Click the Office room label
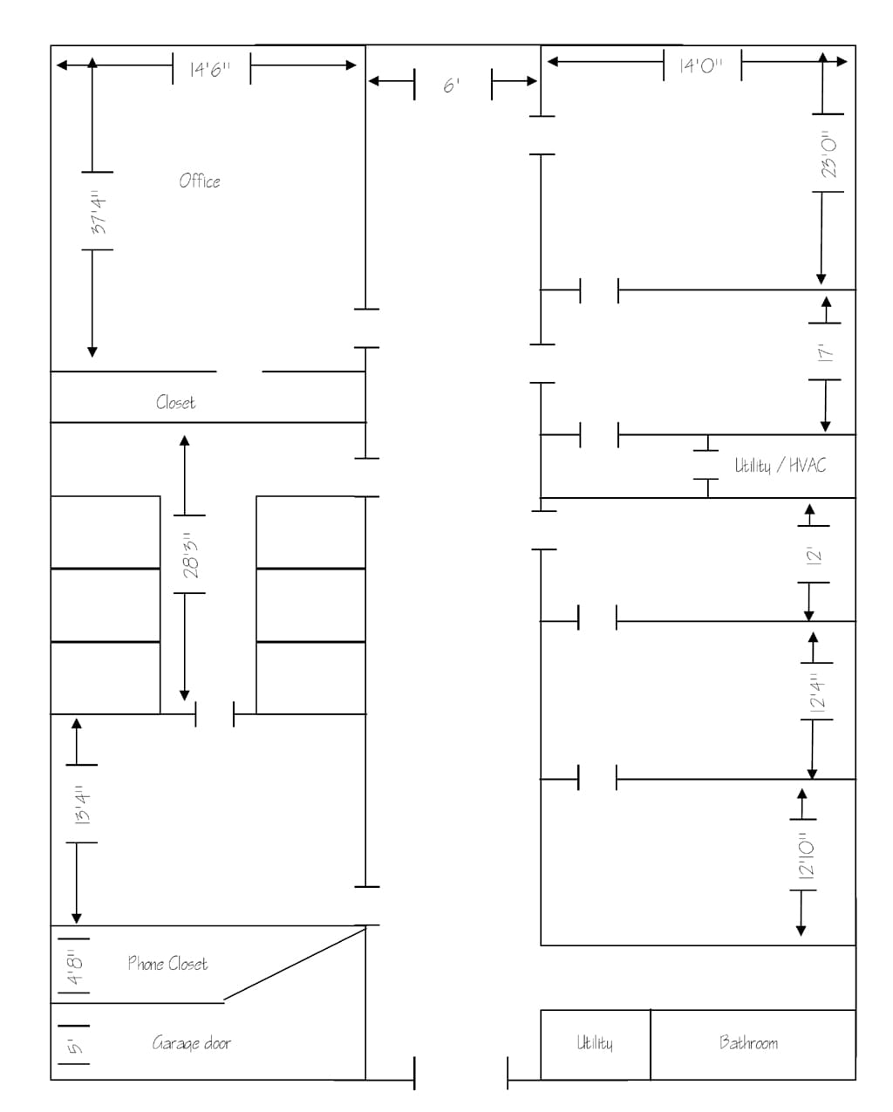(x=200, y=181)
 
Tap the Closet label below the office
(x=175, y=402)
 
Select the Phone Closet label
(x=167, y=963)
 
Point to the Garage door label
(x=191, y=1042)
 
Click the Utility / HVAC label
(x=780, y=465)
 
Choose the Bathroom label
(x=748, y=1042)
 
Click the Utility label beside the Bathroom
(x=595, y=1042)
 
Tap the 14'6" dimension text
(x=210, y=69)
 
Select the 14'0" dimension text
(x=701, y=65)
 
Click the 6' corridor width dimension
(x=451, y=85)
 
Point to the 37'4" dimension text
(x=99, y=212)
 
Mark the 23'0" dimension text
(x=828, y=153)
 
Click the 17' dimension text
(x=825, y=351)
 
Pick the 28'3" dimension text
(x=191, y=556)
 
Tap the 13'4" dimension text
(x=82, y=804)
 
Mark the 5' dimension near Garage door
(x=76, y=1046)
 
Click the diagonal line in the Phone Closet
(x=295, y=964)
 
